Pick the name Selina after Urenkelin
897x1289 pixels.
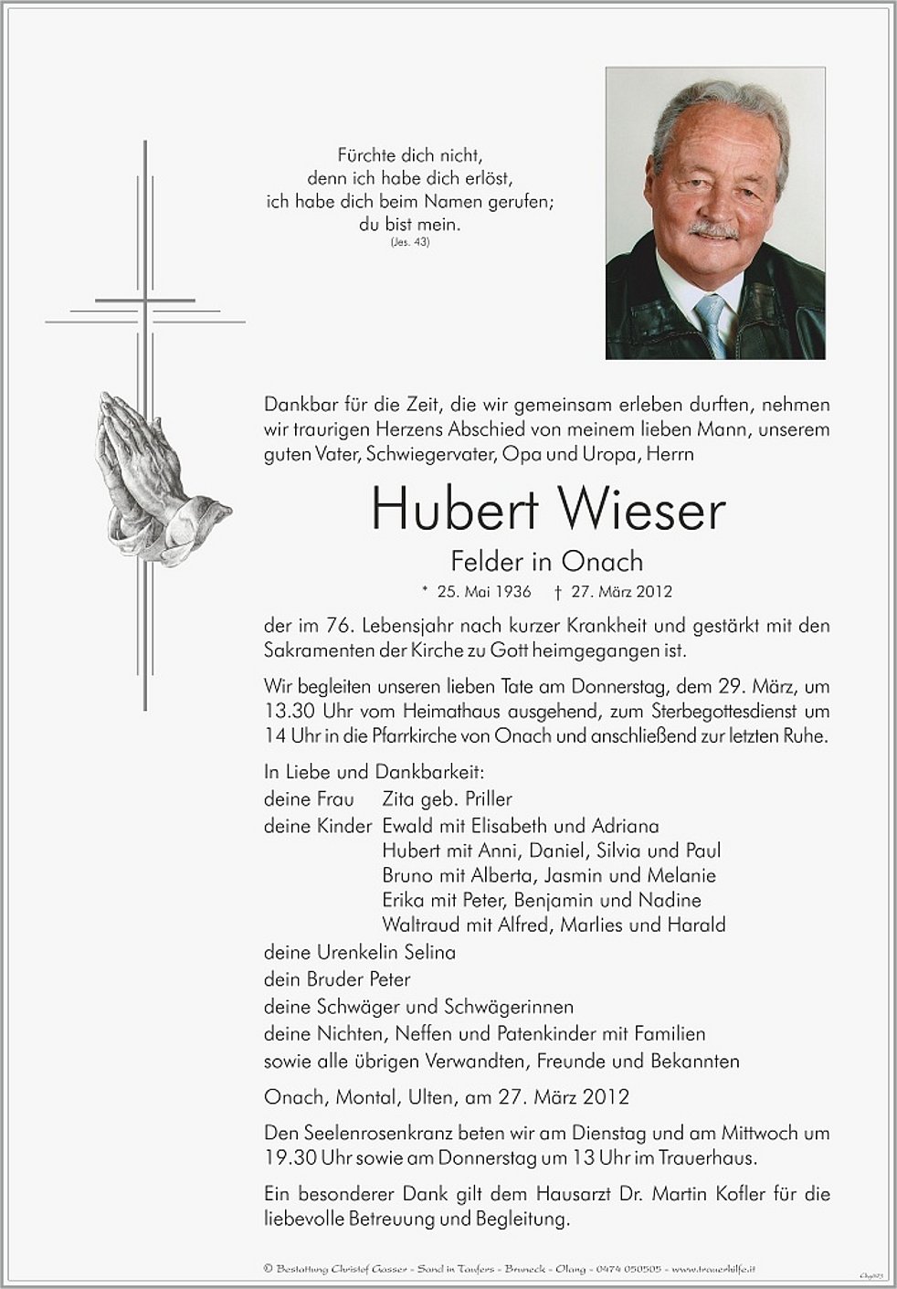click(x=428, y=952)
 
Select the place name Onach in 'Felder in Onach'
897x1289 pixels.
click(x=603, y=561)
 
